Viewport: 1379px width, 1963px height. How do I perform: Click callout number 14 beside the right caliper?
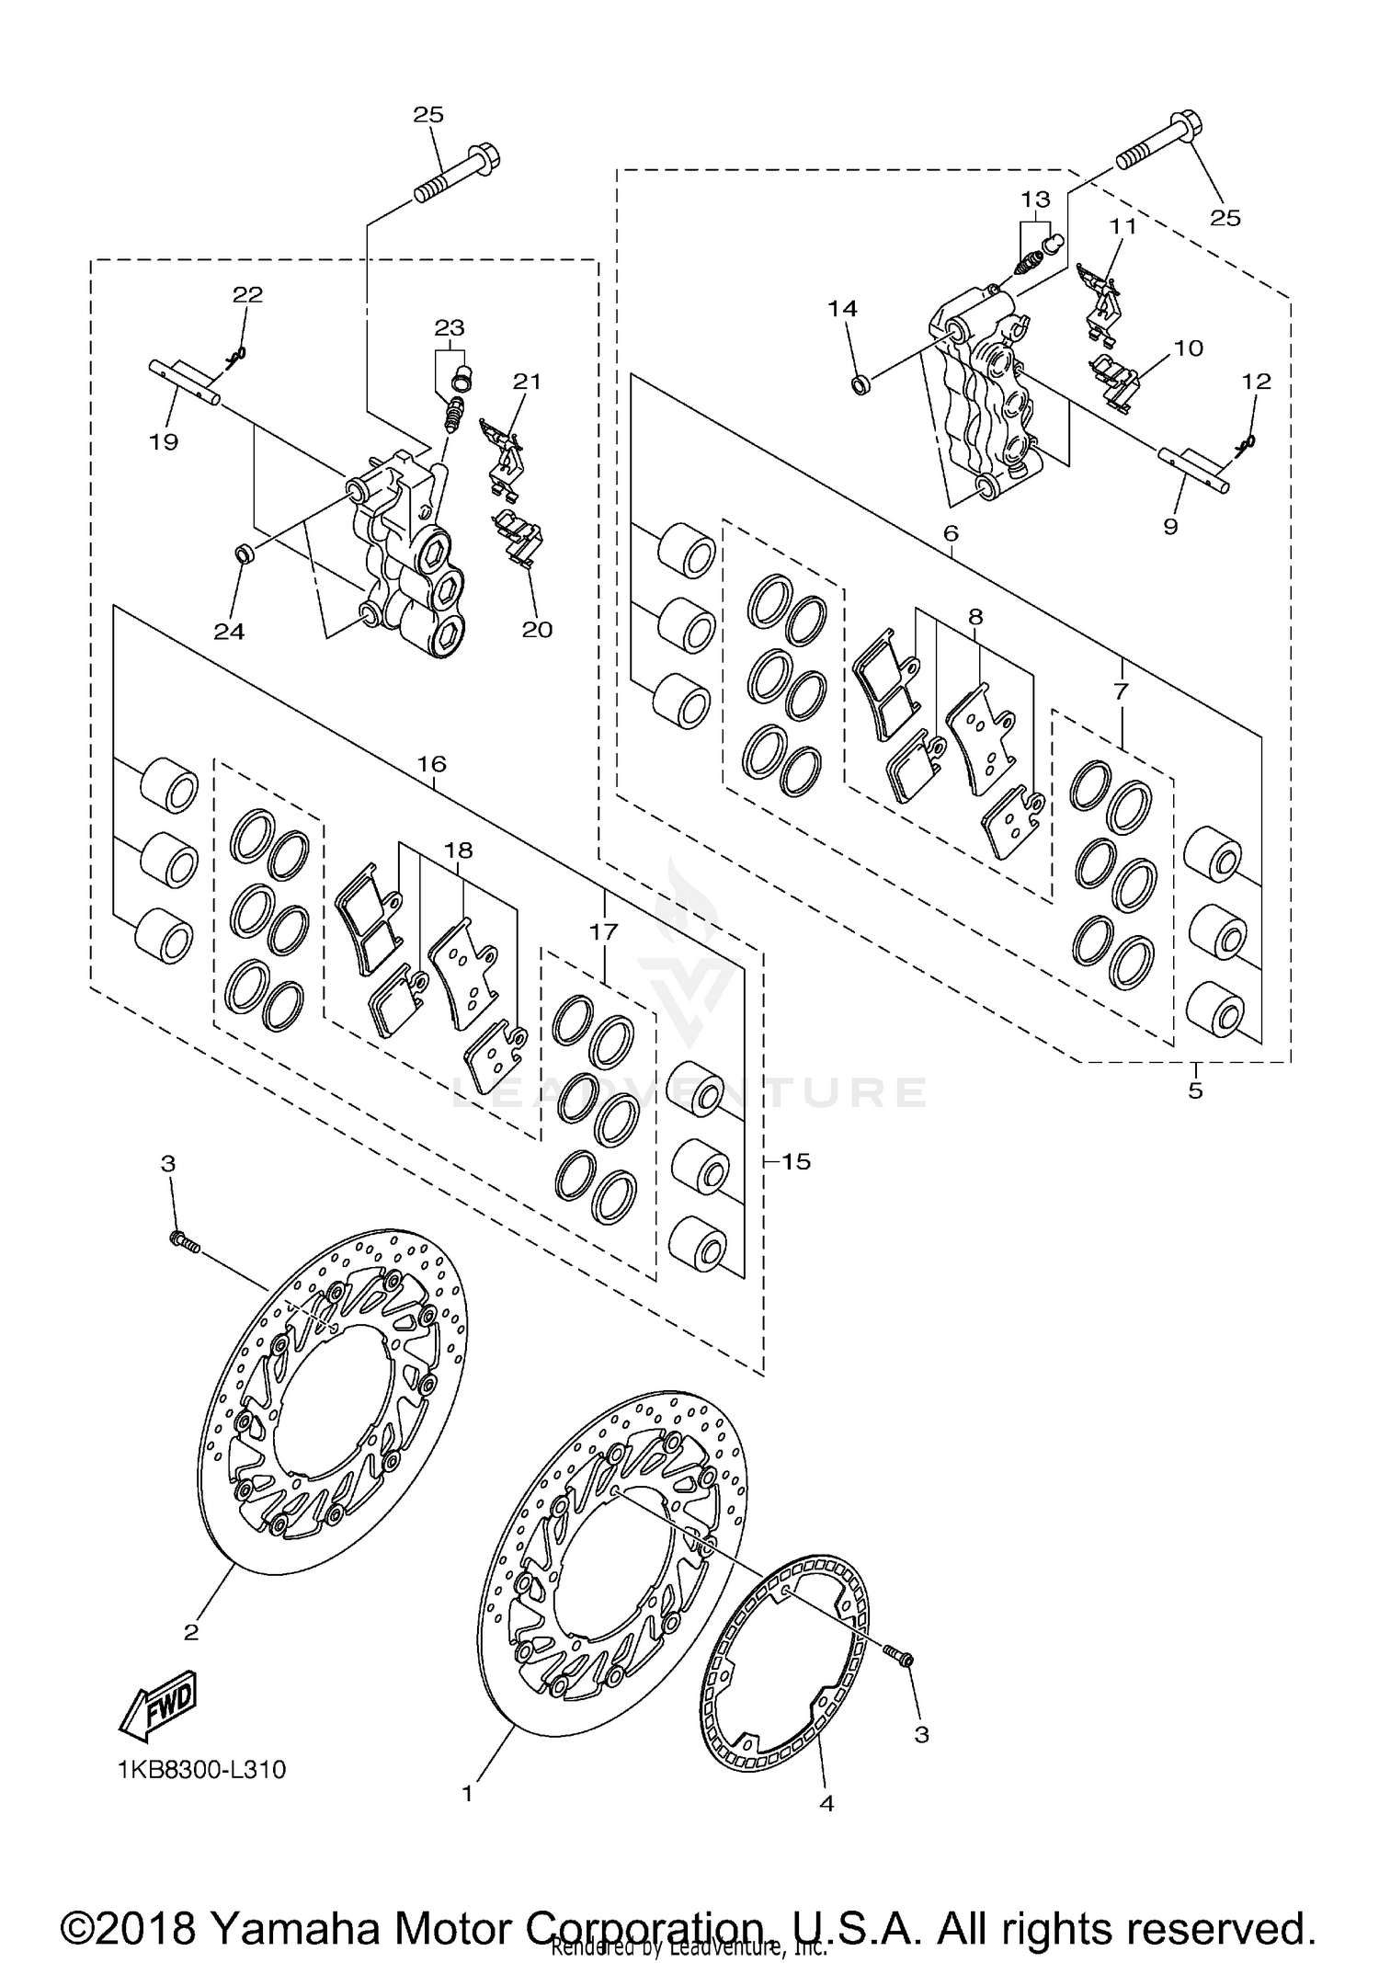tap(842, 309)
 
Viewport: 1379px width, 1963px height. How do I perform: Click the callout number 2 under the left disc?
tap(191, 1633)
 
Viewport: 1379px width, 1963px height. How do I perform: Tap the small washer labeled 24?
tap(245, 554)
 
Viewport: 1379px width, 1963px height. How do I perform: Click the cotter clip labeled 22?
tap(236, 354)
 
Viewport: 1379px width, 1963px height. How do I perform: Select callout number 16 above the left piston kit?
tap(431, 764)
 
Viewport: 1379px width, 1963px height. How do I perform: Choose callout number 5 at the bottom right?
tap(1195, 1091)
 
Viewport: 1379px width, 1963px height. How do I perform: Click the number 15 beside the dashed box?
tap(796, 1161)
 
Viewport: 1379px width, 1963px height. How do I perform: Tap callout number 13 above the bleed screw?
tap(1034, 200)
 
